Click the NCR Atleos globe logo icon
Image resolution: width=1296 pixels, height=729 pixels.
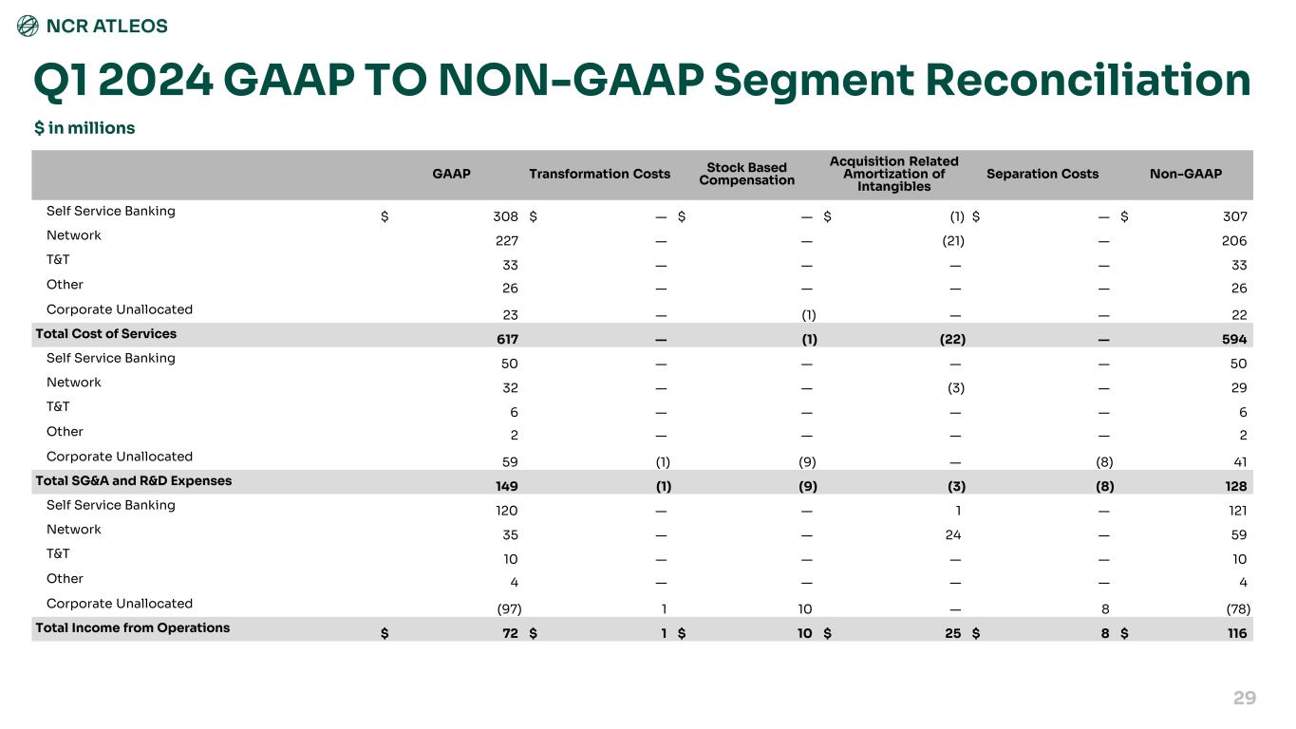pyautogui.click(x=28, y=26)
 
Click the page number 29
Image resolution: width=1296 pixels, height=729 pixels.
pyautogui.click(x=1245, y=698)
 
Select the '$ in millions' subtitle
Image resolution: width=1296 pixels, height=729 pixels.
pyautogui.click(x=85, y=128)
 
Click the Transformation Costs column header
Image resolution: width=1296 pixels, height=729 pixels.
pyautogui.click(x=599, y=174)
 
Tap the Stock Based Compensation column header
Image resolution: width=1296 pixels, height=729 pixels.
pyautogui.click(x=746, y=174)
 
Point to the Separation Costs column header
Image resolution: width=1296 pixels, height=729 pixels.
pyautogui.click(x=1042, y=174)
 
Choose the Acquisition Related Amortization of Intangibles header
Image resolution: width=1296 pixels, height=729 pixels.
pyautogui.click(x=893, y=174)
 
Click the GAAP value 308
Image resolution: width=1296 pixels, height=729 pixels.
pyautogui.click(x=505, y=216)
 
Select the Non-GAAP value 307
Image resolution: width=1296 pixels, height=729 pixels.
pyautogui.click(x=1234, y=216)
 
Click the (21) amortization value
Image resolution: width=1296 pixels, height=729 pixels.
pyautogui.click(x=953, y=241)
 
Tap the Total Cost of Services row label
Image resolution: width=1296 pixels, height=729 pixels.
pyautogui.click(x=106, y=334)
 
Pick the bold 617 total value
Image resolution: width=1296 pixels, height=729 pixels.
pyautogui.click(x=507, y=340)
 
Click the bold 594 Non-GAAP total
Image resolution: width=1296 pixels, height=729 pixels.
pyautogui.click(x=1234, y=340)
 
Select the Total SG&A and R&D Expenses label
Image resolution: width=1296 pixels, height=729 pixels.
pyautogui.click(x=134, y=481)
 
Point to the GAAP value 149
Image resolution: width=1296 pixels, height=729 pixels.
pyautogui.click(x=507, y=487)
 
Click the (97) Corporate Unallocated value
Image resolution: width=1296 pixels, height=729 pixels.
pyautogui.click(x=509, y=609)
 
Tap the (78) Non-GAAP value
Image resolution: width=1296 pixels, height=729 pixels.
pyautogui.click(x=1238, y=609)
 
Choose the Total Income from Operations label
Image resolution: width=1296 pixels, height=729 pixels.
pyautogui.click(x=133, y=627)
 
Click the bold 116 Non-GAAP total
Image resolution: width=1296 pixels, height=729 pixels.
pyautogui.click(x=1237, y=633)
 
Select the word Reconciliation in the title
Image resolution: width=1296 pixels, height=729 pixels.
pyautogui.click(x=1088, y=80)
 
